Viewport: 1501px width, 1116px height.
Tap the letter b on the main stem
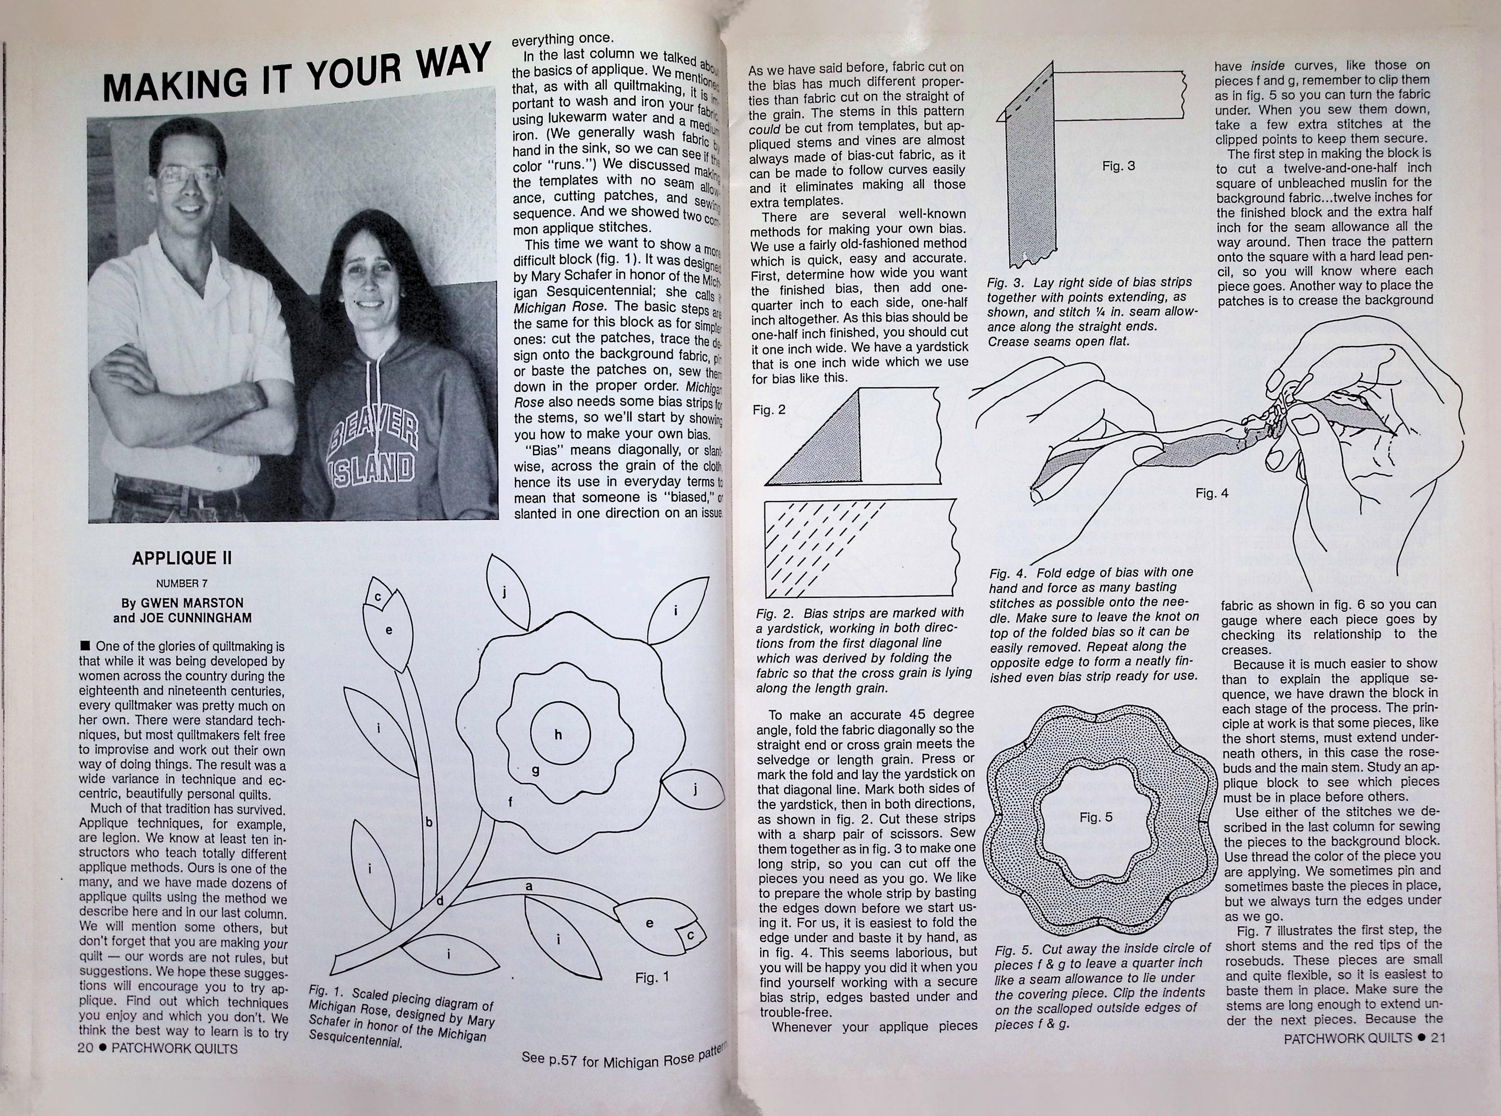click(x=428, y=822)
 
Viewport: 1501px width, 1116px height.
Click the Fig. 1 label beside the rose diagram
click(x=652, y=977)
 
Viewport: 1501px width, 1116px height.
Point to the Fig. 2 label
click(x=769, y=409)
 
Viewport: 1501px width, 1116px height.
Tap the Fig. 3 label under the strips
click(x=1119, y=165)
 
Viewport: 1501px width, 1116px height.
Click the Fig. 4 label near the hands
click(x=1212, y=493)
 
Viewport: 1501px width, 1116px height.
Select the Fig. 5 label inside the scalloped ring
click(x=1096, y=817)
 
